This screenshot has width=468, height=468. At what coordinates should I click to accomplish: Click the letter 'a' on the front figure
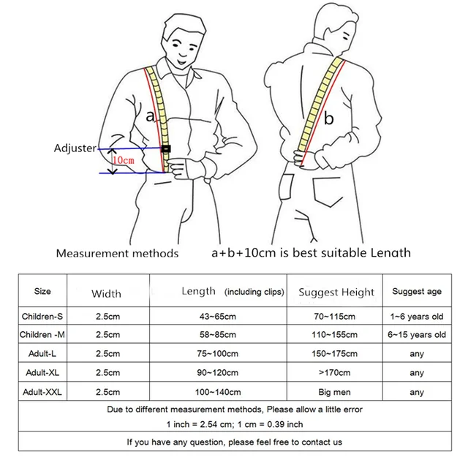coord(151,115)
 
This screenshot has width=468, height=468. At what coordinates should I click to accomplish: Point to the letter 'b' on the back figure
coord(329,118)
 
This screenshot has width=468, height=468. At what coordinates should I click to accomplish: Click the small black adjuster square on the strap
coord(167,149)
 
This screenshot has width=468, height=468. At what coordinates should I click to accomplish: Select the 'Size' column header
coord(42,292)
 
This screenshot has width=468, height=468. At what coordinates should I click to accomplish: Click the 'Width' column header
coord(106,294)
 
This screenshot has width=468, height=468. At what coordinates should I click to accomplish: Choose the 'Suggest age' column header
coord(417,292)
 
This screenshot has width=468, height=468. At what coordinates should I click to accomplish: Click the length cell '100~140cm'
coord(216,392)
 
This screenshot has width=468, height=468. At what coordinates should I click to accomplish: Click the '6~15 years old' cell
coord(417,335)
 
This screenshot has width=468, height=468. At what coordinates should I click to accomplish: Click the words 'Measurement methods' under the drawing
coord(117,254)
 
